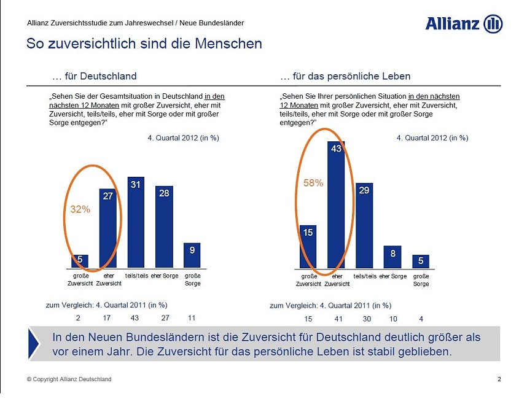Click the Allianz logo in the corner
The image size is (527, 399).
[464, 24]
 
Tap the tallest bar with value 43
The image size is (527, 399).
[336, 205]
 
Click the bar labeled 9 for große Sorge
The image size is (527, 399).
[192, 255]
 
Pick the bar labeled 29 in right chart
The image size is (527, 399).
[364, 225]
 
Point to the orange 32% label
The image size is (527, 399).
[80, 209]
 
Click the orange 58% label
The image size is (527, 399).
[313, 182]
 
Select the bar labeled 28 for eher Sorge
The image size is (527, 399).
[164, 227]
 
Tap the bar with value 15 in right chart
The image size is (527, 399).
[308, 247]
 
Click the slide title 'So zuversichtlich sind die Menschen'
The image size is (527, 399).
[144, 44]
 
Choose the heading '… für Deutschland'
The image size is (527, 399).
[95, 76]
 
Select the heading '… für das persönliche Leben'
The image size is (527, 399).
[345, 76]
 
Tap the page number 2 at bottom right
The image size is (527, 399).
[499, 379]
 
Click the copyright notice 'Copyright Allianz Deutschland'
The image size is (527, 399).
[69, 379]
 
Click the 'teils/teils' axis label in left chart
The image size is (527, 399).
[136, 276]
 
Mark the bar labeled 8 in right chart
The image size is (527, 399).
[392, 257]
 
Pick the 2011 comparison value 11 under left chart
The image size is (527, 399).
[192, 318]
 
